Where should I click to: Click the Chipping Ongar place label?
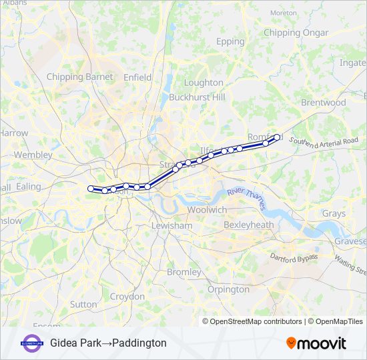tap(296, 33)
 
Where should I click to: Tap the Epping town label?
tap(230, 41)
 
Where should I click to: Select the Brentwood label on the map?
tap(323, 103)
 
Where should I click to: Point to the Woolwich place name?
tap(207, 209)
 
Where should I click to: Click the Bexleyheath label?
tap(249, 225)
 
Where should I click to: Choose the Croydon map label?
tap(127, 296)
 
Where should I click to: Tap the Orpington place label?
tap(228, 289)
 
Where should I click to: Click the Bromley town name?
tap(183, 272)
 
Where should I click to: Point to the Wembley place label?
tap(33, 155)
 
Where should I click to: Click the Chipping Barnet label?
tap(79, 77)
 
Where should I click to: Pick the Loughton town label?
tap(204, 83)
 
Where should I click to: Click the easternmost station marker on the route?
tap(277, 137)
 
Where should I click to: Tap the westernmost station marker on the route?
tap(91, 189)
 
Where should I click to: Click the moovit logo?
tap(316, 343)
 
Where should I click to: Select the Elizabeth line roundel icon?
tap(31, 343)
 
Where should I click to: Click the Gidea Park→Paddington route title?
tap(108, 343)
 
